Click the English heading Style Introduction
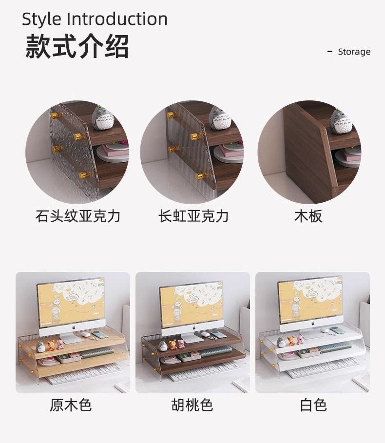coord(95,19)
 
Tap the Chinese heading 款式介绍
coord(77,46)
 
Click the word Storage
coord(354,52)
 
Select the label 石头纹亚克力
coord(78,216)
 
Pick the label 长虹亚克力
coord(193,216)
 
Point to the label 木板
coord(308,216)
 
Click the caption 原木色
coord(71,405)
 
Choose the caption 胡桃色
coord(192,405)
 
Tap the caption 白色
coord(313,405)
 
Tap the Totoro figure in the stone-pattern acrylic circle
coord(103,117)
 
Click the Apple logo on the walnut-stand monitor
coord(194,327)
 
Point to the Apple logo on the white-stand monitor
coord(313,324)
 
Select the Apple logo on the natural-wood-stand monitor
coord(74,327)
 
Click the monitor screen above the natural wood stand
coord(71,301)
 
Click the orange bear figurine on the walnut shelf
coord(172,345)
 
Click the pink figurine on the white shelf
coord(300,340)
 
